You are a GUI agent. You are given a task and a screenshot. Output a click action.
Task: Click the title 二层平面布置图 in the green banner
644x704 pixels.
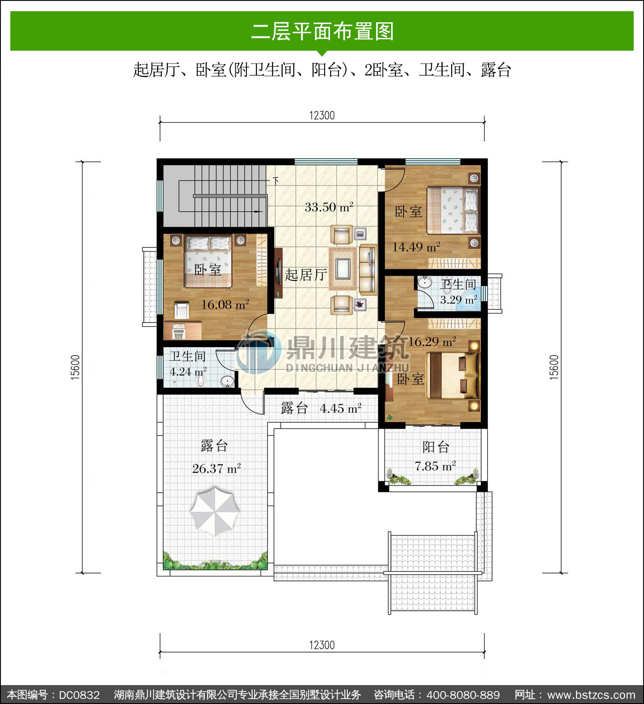322,31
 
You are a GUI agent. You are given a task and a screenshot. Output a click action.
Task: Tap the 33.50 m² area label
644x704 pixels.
329,207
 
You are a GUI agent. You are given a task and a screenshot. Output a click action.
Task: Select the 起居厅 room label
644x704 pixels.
306,275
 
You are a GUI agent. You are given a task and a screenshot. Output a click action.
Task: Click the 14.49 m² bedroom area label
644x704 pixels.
416,247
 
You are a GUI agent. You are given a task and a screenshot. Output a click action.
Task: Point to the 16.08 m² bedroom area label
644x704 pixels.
225,305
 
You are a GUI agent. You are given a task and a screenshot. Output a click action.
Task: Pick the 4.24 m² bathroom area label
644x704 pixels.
188,372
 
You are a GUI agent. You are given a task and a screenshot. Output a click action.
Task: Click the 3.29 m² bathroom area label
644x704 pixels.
459,300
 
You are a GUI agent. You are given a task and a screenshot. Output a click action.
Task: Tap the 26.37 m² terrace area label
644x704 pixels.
216,468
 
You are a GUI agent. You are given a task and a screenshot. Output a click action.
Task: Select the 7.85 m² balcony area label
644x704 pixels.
435,466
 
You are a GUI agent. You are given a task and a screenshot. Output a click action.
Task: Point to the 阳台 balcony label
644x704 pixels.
436,447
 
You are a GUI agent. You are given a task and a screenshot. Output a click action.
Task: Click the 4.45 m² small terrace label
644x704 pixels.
340,408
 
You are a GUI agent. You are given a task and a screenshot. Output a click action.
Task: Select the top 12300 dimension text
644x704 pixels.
322,116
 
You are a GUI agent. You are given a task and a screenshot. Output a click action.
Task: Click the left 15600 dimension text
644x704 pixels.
75,367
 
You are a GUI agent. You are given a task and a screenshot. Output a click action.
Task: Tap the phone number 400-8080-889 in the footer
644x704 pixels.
463,695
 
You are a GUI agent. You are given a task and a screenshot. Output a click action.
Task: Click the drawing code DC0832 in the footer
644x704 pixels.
79,695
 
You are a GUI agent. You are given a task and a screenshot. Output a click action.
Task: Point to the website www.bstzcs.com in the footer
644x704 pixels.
591,695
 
